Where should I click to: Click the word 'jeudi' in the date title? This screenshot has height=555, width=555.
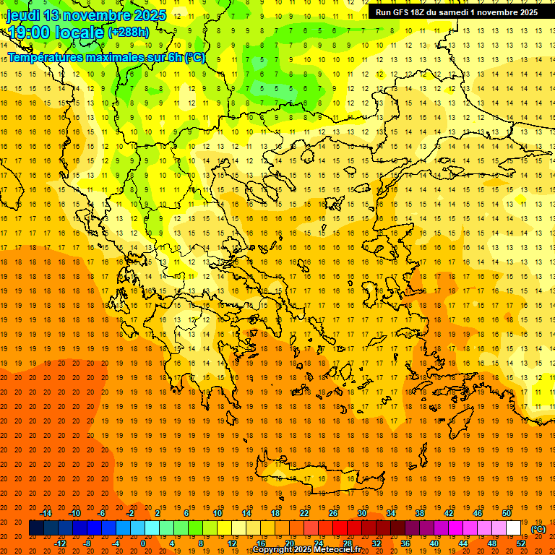pyautogui.click(x=23, y=14)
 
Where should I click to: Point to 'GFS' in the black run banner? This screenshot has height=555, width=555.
pyautogui.click(x=403, y=12)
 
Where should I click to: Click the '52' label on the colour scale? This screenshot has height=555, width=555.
pyautogui.click(x=521, y=543)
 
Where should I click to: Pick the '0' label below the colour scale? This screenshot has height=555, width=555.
pyautogui.click(x=144, y=543)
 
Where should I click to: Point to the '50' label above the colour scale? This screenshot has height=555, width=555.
pyautogui.click(x=507, y=513)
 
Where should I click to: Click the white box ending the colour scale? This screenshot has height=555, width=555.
pyautogui.click(x=513, y=528)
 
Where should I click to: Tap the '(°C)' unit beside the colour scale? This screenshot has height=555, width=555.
pyautogui.click(x=538, y=529)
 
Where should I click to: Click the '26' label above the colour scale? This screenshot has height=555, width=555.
pyautogui.click(x=332, y=513)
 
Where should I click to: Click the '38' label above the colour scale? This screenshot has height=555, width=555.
pyautogui.click(x=420, y=513)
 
